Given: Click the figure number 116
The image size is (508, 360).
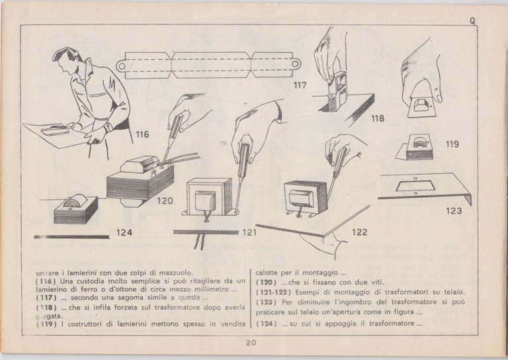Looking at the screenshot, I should pos(142,134).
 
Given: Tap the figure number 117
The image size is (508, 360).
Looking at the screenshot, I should pos(300,85).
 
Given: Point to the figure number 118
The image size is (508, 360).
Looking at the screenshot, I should pos(378,118).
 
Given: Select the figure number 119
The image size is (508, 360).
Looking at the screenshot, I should pos(452,143).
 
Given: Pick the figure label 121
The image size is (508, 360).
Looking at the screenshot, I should pos(249,232).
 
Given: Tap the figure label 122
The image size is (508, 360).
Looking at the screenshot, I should pos(360,232).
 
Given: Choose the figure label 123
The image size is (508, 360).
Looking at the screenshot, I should pos(454,211).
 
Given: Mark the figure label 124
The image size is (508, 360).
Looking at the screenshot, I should pos(124,232).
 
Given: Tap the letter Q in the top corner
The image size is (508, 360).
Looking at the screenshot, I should pos(473,21).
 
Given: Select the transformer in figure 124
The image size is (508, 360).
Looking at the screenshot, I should pos(75,207).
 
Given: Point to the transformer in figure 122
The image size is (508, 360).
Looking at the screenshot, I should pos(306,196).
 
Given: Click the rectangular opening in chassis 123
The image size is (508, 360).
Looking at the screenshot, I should pos(415,186).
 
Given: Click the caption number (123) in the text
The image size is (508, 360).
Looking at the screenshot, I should pos(266,302).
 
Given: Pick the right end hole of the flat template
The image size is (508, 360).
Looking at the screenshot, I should pos(295,64).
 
